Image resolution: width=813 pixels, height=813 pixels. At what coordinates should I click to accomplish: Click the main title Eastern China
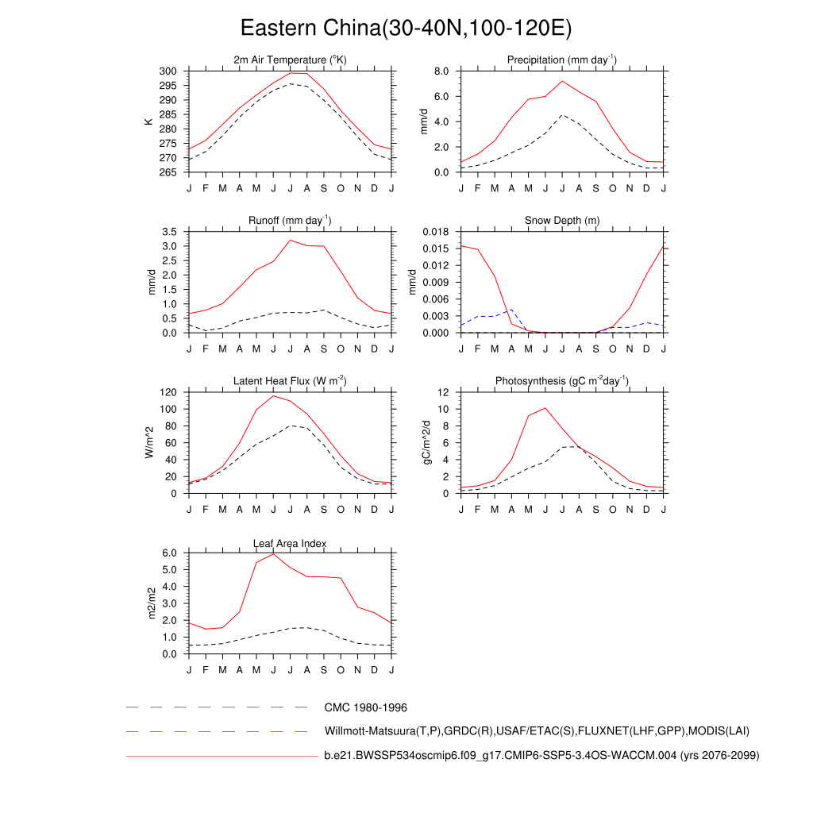coord(406,29)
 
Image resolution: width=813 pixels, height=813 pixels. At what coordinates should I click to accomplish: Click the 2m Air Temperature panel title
coord(290,60)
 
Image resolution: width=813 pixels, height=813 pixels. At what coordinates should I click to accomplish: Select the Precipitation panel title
coord(562,60)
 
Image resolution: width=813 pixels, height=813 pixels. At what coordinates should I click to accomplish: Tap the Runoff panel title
coord(290,221)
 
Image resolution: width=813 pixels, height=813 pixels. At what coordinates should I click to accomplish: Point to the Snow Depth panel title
coord(562,221)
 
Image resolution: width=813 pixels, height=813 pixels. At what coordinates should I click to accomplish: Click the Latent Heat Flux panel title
coord(290,381)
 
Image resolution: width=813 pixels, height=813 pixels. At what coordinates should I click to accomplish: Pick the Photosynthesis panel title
coord(562,381)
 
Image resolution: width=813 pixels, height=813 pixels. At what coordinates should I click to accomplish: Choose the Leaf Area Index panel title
coord(290,543)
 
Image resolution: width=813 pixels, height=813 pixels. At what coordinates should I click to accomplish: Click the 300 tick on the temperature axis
coord(167,71)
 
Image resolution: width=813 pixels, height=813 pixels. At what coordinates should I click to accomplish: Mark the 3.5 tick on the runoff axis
coord(169,232)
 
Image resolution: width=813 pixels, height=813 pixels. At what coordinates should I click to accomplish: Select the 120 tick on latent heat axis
coord(167,393)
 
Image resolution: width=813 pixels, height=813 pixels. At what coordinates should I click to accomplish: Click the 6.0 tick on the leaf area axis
coord(169,553)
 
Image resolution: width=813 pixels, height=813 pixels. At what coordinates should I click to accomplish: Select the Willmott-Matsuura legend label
coord(537,731)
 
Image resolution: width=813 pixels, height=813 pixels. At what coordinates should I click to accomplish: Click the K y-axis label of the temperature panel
coord(148,121)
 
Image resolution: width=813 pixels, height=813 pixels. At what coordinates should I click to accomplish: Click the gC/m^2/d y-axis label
coord(426,442)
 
